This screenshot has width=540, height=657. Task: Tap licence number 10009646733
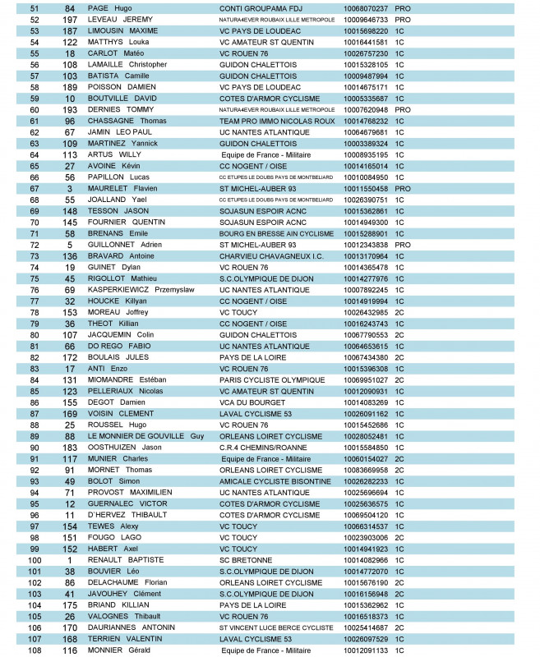366,19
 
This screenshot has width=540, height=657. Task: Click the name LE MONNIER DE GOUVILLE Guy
145,436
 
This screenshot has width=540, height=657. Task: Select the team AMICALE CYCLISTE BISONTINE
269,481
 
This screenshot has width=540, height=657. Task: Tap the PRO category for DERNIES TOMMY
403,109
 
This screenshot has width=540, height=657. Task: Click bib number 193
69,109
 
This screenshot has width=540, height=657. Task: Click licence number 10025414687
366,628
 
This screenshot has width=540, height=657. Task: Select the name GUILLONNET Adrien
127,245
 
